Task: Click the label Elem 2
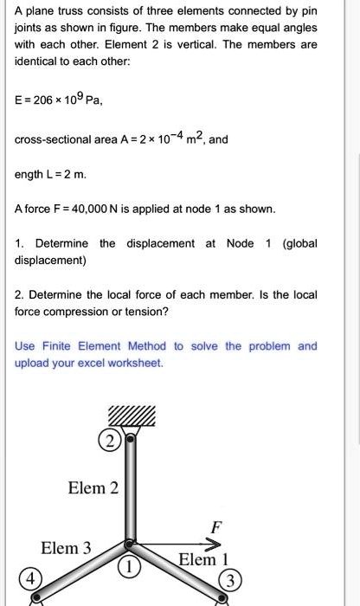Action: pyautogui.click(x=93, y=488)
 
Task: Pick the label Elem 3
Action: pyautogui.click(x=66, y=548)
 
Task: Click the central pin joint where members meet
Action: pyautogui.click(x=130, y=545)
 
